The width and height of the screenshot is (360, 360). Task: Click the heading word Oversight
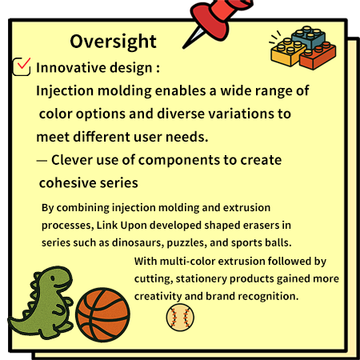coord(113,42)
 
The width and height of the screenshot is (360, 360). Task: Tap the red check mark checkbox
coord(22,66)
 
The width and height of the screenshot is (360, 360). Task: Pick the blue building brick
coord(309,37)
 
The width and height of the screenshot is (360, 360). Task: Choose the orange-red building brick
coord(318,57)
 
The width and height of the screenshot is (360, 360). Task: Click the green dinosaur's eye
coord(53,278)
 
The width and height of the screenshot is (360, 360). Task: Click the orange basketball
coord(102,314)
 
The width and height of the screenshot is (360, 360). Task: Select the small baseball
coord(180,318)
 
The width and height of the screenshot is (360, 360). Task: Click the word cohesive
coord(63,183)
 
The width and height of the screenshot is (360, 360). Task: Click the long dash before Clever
coord(42,160)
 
